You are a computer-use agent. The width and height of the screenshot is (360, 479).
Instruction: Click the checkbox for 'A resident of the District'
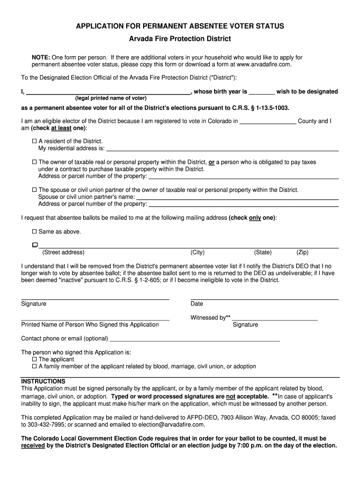(x=34, y=141)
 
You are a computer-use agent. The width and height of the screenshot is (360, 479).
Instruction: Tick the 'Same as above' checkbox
(x=34, y=232)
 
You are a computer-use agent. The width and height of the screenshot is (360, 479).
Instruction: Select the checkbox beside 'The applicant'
(x=34, y=359)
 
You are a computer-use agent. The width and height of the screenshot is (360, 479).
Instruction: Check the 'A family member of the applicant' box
(x=34, y=366)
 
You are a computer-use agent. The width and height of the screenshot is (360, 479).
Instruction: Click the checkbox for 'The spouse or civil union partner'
(x=34, y=190)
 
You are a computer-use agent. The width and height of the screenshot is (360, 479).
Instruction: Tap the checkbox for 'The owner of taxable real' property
(x=34, y=162)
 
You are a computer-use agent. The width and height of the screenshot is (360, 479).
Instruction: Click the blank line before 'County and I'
(x=267, y=122)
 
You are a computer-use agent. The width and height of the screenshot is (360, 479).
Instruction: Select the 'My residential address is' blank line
(x=223, y=149)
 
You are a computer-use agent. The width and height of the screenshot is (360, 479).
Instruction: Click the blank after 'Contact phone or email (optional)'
(x=194, y=339)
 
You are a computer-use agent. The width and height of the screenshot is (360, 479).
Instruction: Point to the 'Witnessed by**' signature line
(x=275, y=318)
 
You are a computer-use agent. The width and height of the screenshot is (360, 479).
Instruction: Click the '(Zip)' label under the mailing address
(x=302, y=253)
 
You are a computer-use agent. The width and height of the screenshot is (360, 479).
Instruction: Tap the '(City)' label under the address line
(x=197, y=253)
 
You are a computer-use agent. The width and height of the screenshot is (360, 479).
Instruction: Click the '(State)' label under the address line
(x=263, y=253)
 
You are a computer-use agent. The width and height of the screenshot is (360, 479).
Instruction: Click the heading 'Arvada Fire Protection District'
(x=180, y=38)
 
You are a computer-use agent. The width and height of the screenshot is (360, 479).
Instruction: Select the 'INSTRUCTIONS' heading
(x=43, y=381)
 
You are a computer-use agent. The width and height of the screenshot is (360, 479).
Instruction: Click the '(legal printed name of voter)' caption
(x=111, y=98)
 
